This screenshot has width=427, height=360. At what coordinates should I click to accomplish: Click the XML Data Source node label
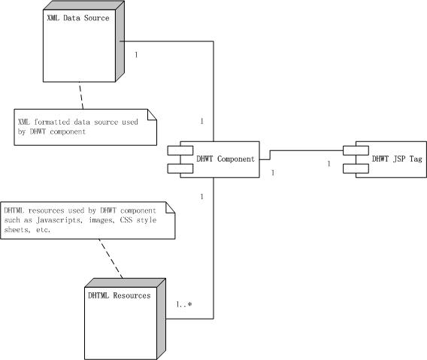pyautogui.click(x=78, y=18)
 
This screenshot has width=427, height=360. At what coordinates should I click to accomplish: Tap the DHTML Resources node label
pyautogui.click(x=120, y=295)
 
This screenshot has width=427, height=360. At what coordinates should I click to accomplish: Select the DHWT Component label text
pyautogui.click(x=226, y=159)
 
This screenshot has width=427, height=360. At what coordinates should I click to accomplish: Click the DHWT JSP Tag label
pyautogui.click(x=397, y=159)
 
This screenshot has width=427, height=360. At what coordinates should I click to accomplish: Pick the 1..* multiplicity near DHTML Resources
pyautogui.click(x=184, y=304)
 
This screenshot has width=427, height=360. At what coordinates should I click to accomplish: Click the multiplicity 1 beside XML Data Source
pyautogui.click(x=136, y=55)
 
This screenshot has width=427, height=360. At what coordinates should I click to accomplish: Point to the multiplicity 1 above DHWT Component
pyautogui.click(x=201, y=121)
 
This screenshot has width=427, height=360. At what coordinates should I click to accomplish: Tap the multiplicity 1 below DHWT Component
pyautogui.click(x=201, y=196)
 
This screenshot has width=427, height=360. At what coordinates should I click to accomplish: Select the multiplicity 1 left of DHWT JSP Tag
pyautogui.click(x=329, y=164)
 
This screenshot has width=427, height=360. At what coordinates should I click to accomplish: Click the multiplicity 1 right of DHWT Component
pyautogui.click(x=273, y=173)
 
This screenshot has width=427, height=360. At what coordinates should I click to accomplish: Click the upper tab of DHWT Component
pyautogui.click(x=180, y=150)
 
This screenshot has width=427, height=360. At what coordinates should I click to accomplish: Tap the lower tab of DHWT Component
pyautogui.click(x=180, y=168)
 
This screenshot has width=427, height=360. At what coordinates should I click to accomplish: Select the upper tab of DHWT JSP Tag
pyautogui.click(x=356, y=150)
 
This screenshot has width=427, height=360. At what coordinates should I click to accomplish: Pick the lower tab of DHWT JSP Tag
pyautogui.click(x=356, y=168)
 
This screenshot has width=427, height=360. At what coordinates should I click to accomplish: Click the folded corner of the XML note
pyautogui.click(x=151, y=115)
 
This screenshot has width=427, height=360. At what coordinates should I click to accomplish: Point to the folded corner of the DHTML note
pyautogui.click(x=169, y=208)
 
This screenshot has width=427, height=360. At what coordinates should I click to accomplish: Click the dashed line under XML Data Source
pyautogui.click(x=81, y=95)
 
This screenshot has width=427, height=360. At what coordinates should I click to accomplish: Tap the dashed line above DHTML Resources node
pyautogui.click(x=111, y=259)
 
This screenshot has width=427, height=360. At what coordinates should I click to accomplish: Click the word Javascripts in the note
pyautogui.click(x=59, y=220)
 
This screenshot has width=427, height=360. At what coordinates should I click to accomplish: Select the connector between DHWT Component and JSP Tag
pyautogui.click(x=301, y=150)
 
